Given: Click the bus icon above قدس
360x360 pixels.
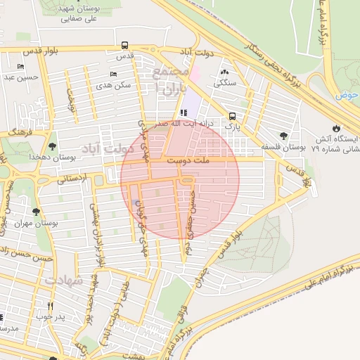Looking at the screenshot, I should [x=124, y=44].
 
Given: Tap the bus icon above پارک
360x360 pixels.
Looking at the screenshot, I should [x=233, y=117].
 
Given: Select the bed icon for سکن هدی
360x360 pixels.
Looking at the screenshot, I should [x=114, y=75].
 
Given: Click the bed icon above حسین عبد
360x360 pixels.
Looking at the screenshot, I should [x=20, y=67].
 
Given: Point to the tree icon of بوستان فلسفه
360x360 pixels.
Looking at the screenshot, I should [x=283, y=136].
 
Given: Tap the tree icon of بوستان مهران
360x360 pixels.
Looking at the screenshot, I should [x=35, y=212].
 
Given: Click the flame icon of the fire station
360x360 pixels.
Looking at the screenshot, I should [x=337, y=128].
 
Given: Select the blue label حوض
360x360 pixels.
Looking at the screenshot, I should [x=347, y=95].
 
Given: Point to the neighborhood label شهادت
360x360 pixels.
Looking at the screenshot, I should [x=64, y=280].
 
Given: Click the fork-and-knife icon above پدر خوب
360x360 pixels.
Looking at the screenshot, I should [x=50, y=307].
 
